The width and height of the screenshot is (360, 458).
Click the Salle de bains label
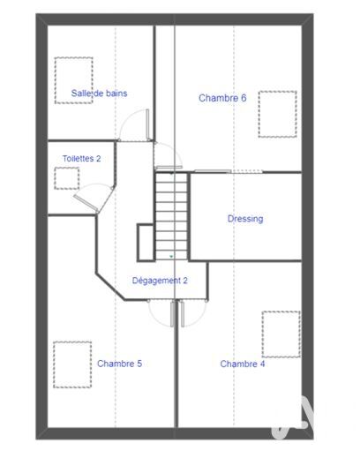(x=99, y=94)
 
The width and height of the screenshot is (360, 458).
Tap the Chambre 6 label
(x=222, y=98)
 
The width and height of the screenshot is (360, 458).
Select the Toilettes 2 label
(x=81, y=159)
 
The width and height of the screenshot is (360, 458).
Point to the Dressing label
(x=245, y=219)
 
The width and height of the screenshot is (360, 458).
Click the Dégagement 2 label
(x=160, y=281)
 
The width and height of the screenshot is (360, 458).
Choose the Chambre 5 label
(x=119, y=364)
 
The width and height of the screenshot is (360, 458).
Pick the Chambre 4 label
(x=243, y=364)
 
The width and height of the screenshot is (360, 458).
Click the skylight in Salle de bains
(x=74, y=80)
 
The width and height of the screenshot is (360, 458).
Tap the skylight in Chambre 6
(x=277, y=114)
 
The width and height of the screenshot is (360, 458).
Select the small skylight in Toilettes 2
(x=67, y=178)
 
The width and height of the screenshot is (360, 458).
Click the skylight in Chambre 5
(x=72, y=364)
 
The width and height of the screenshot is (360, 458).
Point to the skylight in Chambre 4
(x=281, y=334)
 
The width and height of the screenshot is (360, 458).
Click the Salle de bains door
(x=147, y=124)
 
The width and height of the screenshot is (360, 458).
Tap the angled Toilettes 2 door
(x=86, y=204)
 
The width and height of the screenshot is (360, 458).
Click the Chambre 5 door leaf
(x=172, y=314)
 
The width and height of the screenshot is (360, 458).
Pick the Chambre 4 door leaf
(x=183, y=314)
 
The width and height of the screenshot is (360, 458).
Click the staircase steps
(x=171, y=217)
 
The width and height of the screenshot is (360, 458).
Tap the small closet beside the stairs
(x=146, y=243)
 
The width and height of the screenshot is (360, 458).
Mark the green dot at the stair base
(x=171, y=257)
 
